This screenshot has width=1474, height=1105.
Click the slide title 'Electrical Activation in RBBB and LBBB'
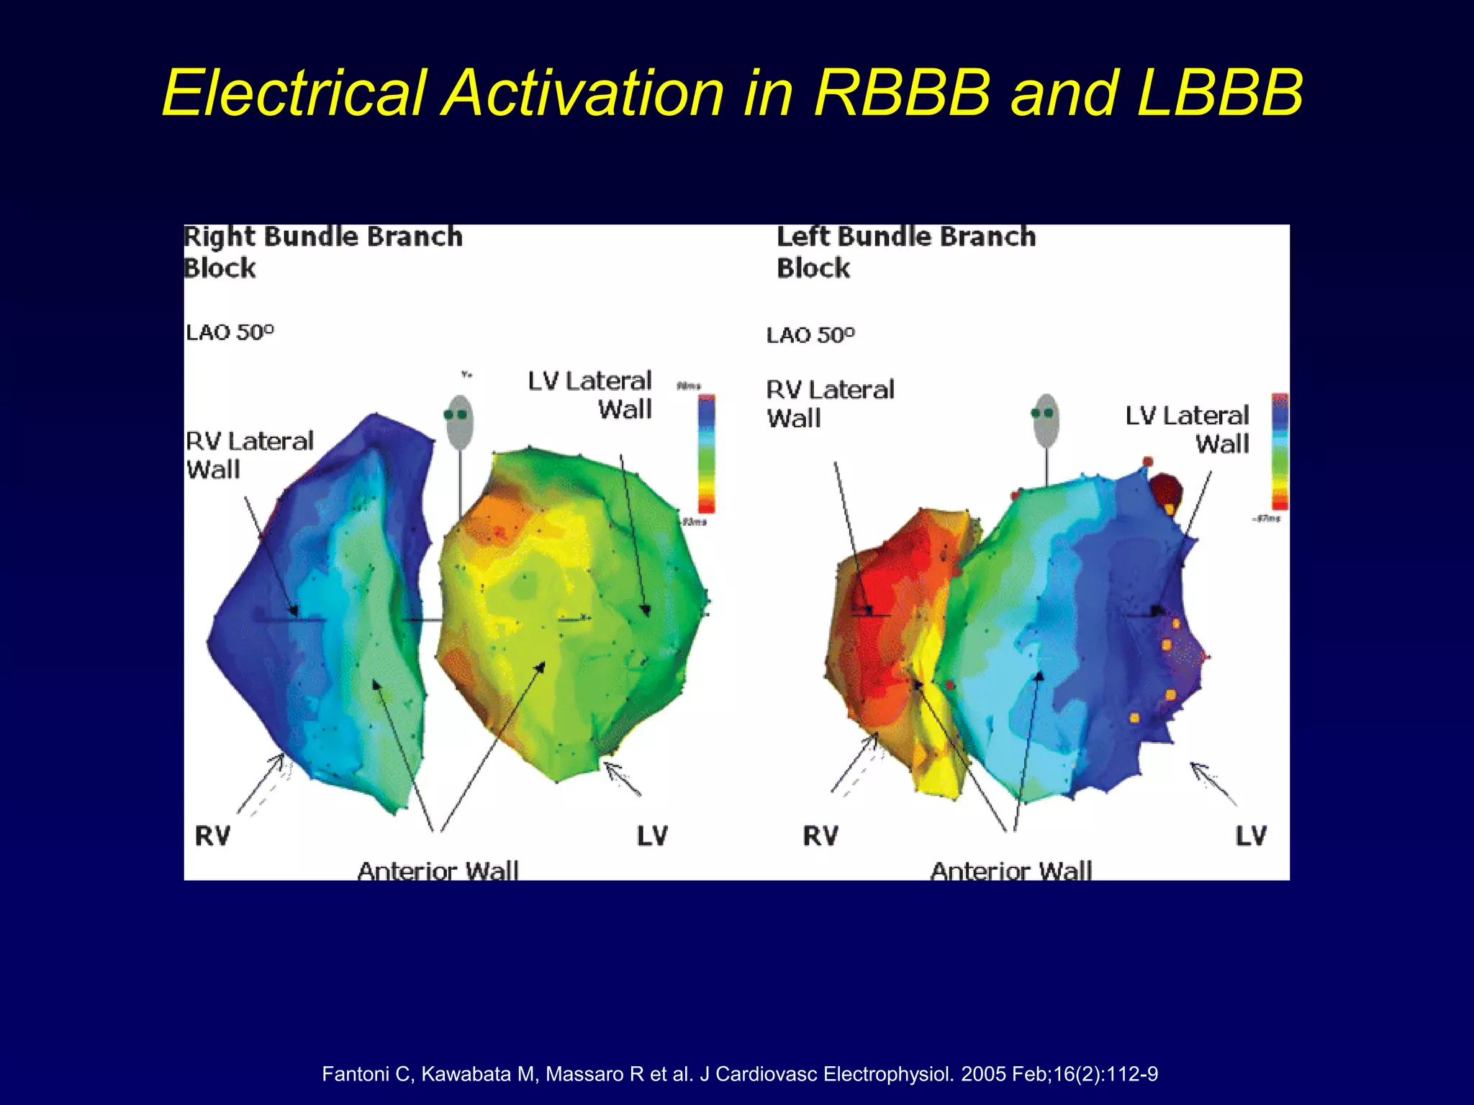click(733, 93)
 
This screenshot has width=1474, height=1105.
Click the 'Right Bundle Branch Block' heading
click(322, 252)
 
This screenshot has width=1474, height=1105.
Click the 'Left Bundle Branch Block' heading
click(905, 252)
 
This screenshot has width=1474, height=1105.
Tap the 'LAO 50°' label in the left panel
click(230, 332)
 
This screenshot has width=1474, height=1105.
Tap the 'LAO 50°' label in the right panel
click(810, 335)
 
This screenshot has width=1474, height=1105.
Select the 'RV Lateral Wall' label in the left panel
click(249, 455)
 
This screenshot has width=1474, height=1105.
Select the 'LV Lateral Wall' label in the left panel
click(590, 395)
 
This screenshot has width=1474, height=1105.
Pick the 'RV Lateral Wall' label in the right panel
click(830, 404)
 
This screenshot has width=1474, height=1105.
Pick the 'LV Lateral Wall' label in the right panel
click(1188, 429)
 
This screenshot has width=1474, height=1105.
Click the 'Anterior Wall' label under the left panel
click(438, 870)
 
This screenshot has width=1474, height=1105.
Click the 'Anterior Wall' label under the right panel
click(1011, 870)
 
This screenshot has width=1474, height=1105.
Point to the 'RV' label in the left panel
click(212, 836)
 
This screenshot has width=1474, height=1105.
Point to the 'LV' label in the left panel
click(652, 836)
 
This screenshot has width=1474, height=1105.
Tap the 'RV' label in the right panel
click(820, 836)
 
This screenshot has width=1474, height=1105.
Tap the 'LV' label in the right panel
click(1251, 836)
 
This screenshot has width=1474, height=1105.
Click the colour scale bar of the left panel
click(707, 453)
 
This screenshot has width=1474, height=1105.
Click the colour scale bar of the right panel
click(1280, 451)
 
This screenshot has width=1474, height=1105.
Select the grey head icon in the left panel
click(459, 422)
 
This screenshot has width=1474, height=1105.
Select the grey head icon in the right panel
click(1046, 420)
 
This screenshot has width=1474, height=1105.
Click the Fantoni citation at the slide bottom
click(740, 1074)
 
